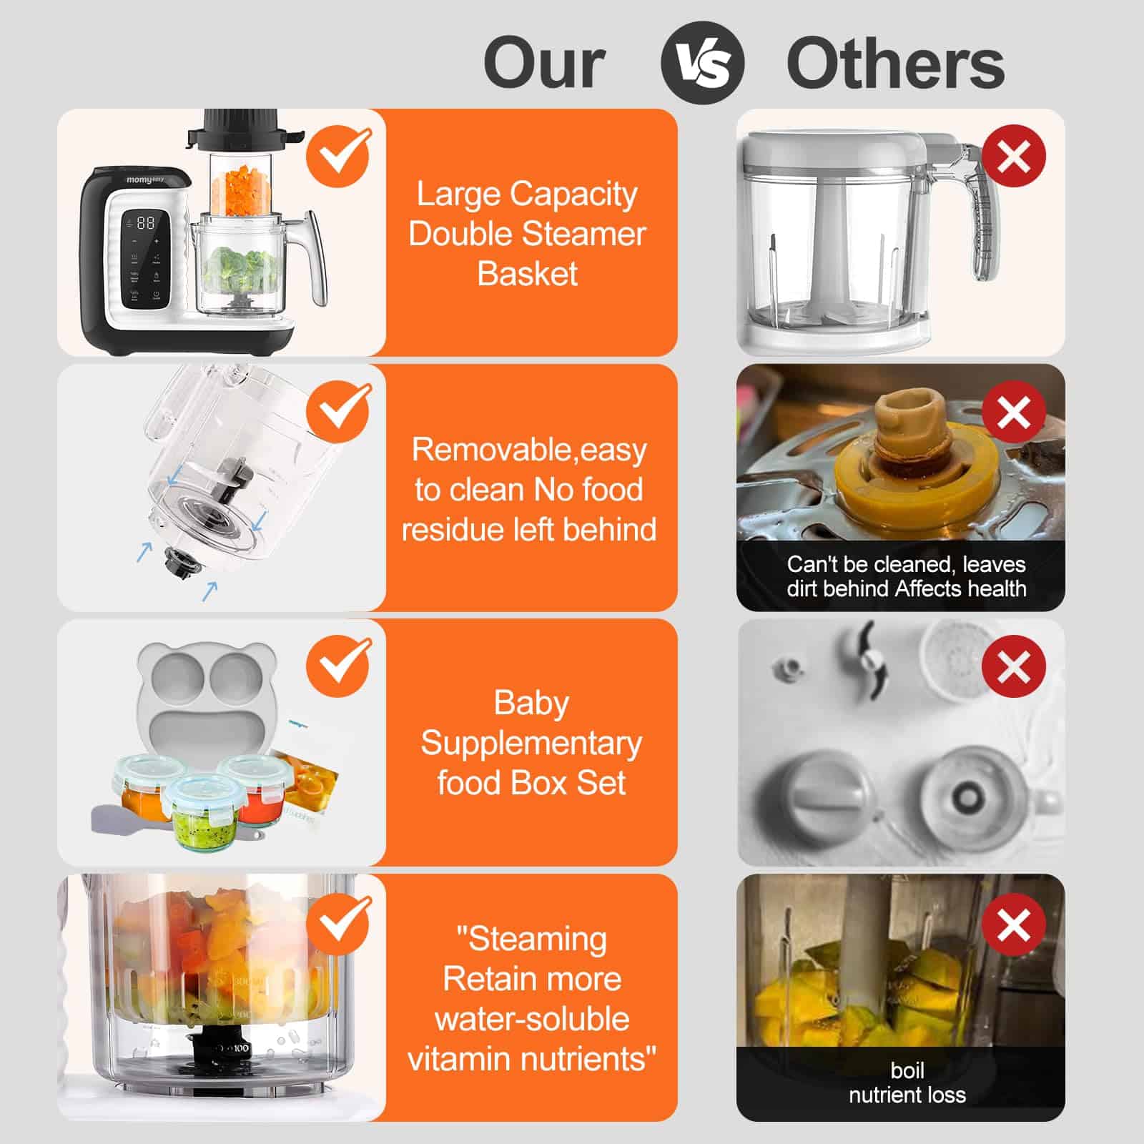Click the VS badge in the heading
coord(702,63)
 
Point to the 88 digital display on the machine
coord(145,223)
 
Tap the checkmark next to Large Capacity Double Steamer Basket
coord(339,156)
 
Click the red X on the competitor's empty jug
coord(1013,156)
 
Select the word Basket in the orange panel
coord(528,274)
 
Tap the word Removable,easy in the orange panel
coord(529,450)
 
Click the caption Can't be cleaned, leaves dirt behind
coord(906,576)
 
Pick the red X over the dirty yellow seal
coord(1013,413)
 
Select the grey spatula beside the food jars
coord(122,817)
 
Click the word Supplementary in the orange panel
coord(531,743)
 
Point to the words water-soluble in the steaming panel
coord(532,1019)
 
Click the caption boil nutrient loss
coord(907,1083)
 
